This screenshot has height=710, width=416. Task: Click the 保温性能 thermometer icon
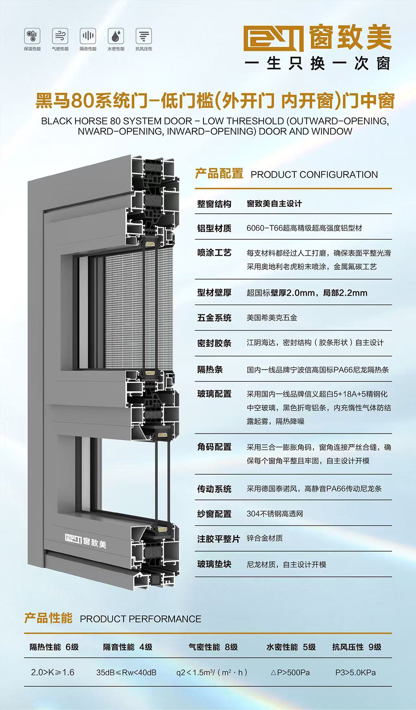tap(32, 36)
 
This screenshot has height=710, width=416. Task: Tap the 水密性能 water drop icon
tap(116, 36)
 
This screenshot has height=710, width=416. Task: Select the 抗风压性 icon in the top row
tap(144, 36)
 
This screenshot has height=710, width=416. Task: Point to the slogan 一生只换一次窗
tap(318, 64)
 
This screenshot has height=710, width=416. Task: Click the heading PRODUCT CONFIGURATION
tap(314, 175)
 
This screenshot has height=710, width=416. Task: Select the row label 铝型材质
tap(214, 228)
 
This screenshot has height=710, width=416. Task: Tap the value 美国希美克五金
tap(272, 318)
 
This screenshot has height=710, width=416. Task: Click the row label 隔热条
tap(210, 370)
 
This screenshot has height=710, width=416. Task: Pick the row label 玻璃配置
tap(214, 394)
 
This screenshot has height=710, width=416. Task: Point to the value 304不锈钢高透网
tap(275, 514)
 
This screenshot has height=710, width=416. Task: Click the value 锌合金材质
tap(265, 538)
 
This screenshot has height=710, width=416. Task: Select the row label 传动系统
tap(214, 489)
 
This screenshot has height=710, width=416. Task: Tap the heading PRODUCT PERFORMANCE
tap(140, 619)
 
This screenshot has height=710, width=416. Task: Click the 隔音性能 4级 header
tap(127, 647)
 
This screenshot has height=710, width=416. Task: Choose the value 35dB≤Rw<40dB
tap(126, 672)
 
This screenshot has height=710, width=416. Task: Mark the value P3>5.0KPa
tap(356, 672)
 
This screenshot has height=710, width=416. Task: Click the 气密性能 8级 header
tap(213, 647)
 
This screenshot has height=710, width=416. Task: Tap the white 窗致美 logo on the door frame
tap(86, 541)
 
